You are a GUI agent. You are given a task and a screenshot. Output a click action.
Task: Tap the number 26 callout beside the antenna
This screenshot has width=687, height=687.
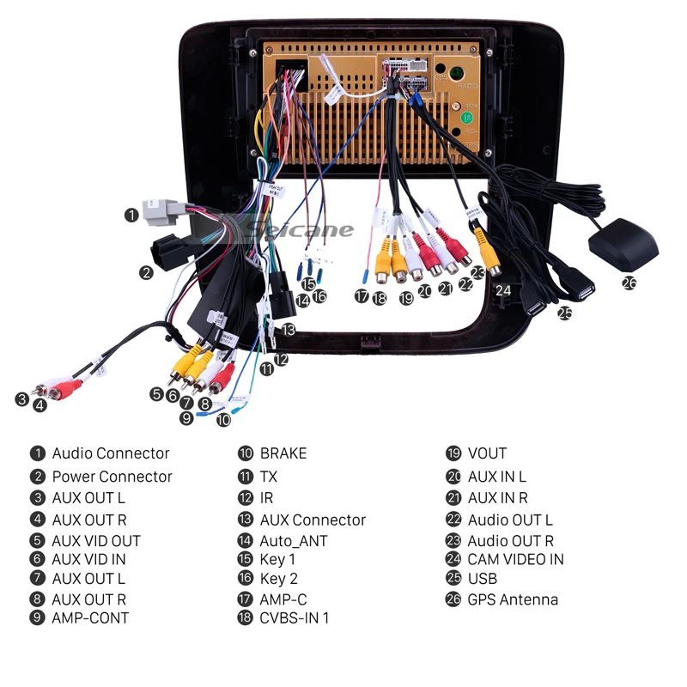(629, 282)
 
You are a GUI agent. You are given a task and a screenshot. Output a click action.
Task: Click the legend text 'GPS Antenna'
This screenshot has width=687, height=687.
(513, 599)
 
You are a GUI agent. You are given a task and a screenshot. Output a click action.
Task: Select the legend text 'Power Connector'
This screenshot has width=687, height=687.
(112, 477)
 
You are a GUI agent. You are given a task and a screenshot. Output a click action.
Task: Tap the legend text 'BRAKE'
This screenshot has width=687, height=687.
(283, 453)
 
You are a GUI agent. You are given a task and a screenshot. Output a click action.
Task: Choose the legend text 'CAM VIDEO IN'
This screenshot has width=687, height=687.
(515, 559)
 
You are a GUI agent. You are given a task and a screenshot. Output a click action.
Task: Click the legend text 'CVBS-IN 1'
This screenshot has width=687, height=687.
(294, 617)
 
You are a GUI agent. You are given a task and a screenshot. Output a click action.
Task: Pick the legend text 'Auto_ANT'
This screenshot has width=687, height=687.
(293, 541)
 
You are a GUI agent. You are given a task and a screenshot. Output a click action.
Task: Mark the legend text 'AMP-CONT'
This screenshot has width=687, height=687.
(90, 617)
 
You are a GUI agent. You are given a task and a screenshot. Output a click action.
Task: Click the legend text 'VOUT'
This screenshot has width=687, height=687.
(487, 453)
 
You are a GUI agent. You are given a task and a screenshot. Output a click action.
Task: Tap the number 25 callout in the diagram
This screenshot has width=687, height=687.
(564, 313)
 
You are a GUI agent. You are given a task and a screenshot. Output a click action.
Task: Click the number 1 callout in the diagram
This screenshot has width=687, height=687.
(131, 214)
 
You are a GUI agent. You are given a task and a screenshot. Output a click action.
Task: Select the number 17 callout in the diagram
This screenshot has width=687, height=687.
(362, 296)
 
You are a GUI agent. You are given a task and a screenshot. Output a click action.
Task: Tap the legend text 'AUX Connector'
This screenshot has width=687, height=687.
(313, 520)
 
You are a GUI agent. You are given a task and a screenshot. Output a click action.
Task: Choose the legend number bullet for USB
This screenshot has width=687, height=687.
(453, 579)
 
